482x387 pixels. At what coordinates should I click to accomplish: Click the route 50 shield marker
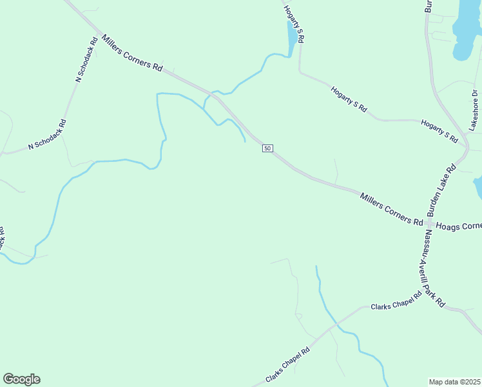267,148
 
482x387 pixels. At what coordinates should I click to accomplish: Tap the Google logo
21,379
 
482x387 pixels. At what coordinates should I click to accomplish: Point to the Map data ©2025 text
454,382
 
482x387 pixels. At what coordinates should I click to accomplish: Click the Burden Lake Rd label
441,190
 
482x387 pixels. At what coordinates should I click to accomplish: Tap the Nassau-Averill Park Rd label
433,270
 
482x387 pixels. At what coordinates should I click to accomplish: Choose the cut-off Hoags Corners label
459,226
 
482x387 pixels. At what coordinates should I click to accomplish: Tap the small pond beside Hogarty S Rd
292,40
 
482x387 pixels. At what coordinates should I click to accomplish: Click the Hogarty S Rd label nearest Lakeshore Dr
439,130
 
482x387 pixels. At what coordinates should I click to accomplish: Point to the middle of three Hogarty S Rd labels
349,100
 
